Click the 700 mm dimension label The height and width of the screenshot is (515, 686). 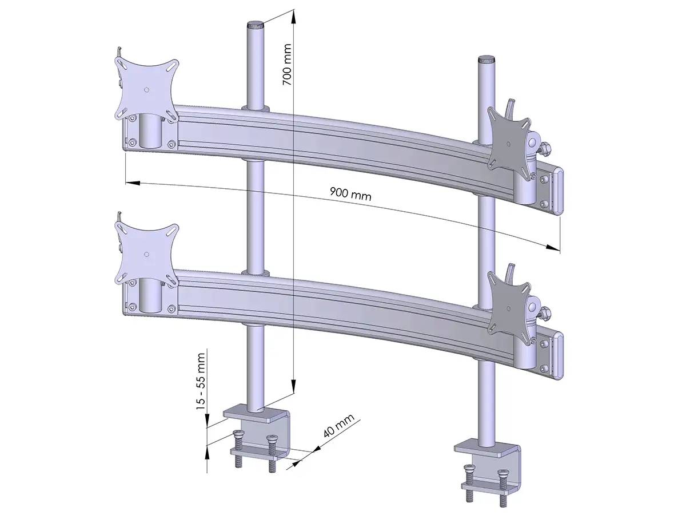pyautogui.click(x=287, y=65)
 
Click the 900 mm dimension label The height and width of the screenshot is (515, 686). pyautogui.click(x=350, y=193)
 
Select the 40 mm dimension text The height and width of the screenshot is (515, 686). pyautogui.click(x=339, y=426)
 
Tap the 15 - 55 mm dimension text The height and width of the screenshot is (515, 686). pyautogui.click(x=201, y=380)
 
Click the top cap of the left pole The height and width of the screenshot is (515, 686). pyautogui.click(x=256, y=25)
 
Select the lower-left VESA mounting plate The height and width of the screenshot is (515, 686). pyautogui.click(x=146, y=252)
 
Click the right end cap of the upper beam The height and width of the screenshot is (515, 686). pyautogui.click(x=558, y=191)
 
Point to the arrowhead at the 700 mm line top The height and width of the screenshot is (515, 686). pyautogui.click(x=294, y=15)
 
